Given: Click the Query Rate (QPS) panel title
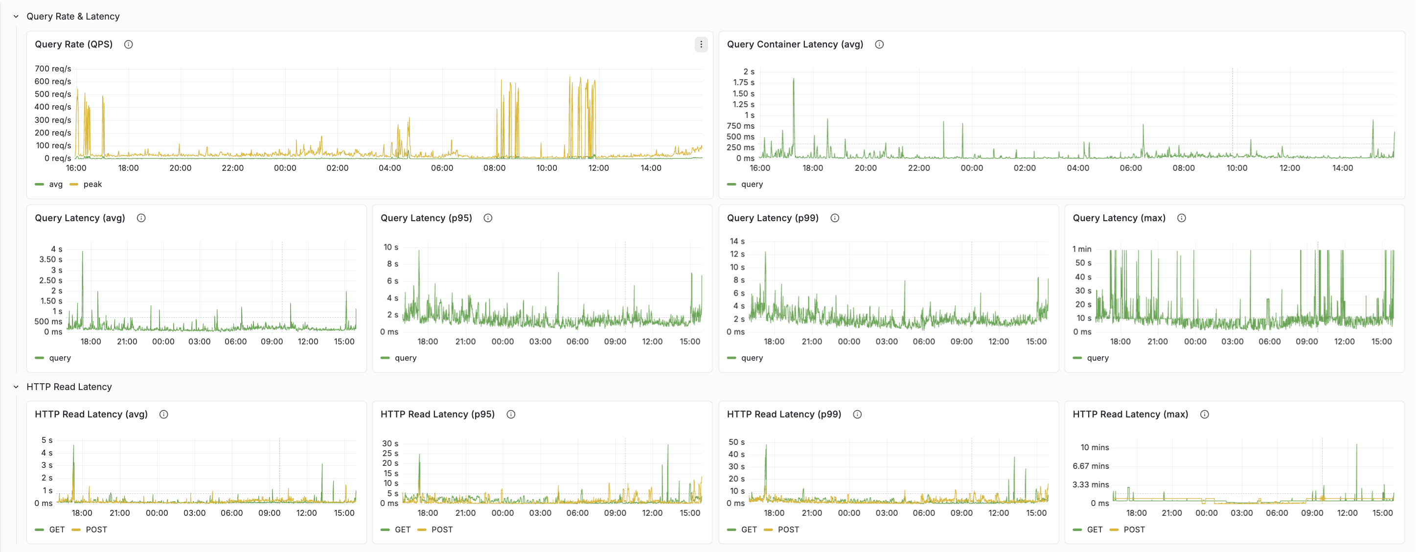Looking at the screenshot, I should pyautogui.click(x=74, y=44).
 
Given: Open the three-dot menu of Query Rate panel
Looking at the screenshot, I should pyautogui.click(x=701, y=45).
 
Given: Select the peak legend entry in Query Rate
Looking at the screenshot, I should pyautogui.click(x=92, y=184).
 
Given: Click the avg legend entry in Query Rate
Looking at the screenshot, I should pyautogui.click(x=56, y=184).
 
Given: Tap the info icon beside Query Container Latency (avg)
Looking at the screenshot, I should pyautogui.click(x=879, y=45).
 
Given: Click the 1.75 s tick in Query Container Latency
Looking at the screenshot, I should pyautogui.click(x=743, y=83).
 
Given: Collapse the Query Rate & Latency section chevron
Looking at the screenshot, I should pyautogui.click(x=16, y=17).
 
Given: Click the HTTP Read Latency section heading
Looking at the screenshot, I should pyautogui.click(x=69, y=387).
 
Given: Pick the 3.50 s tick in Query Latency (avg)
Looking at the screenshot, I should pyautogui.click(x=50, y=259).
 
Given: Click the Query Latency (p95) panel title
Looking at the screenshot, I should pyautogui.click(x=426, y=218).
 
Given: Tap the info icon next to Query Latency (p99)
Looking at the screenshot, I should pyautogui.click(x=834, y=218).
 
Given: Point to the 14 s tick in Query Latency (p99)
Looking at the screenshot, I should pyautogui.click(x=736, y=241).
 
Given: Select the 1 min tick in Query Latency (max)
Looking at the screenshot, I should pyautogui.click(x=1081, y=249).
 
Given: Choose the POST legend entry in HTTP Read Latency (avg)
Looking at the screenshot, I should pyautogui.click(x=96, y=529).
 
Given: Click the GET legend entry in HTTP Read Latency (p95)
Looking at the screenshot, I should pyautogui.click(x=402, y=529).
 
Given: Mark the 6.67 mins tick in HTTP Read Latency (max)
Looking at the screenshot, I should pyautogui.click(x=1090, y=466).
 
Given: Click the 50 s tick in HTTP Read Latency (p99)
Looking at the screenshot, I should pyautogui.click(x=736, y=442).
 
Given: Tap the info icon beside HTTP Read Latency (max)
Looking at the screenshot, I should pyautogui.click(x=1204, y=414).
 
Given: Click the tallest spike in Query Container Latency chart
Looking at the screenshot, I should pyautogui.click(x=793, y=80).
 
